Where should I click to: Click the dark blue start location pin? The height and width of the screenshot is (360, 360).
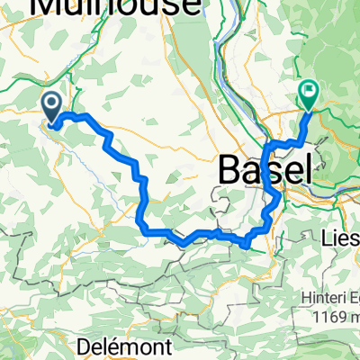pyautogui.click(x=53, y=108)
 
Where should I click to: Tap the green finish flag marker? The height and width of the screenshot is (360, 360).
pyautogui.click(x=309, y=91)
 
